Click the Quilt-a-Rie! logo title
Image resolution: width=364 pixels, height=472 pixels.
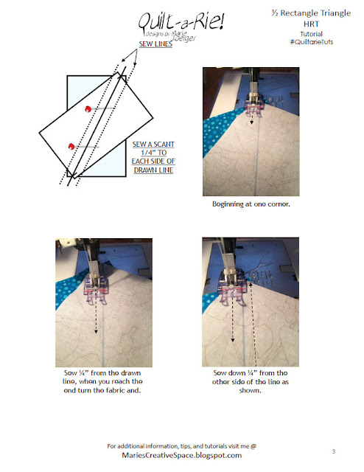(181, 21)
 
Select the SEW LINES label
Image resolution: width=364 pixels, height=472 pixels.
(155, 44)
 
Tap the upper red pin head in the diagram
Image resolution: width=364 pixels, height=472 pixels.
(88, 108)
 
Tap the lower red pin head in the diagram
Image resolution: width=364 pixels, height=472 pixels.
(71, 146)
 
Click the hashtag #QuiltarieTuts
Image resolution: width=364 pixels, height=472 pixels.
(312, 42)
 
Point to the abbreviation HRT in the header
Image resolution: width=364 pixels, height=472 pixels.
(311, 24)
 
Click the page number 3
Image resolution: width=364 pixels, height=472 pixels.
(334, 451)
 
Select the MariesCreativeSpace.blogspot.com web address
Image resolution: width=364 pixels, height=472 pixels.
(182, 455)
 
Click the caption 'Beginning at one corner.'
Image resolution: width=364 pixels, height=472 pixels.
(251, 204)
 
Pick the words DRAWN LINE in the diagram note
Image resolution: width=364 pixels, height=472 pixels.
(153, 170)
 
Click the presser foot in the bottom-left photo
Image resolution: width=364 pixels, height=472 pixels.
(95, 288)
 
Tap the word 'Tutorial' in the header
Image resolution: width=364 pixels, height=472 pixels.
(312, 34)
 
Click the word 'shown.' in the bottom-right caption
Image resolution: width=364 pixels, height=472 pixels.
(251, 390)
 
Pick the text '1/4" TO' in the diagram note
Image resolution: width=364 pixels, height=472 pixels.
(154, 153)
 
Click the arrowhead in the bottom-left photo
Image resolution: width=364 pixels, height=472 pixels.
(96, 331)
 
